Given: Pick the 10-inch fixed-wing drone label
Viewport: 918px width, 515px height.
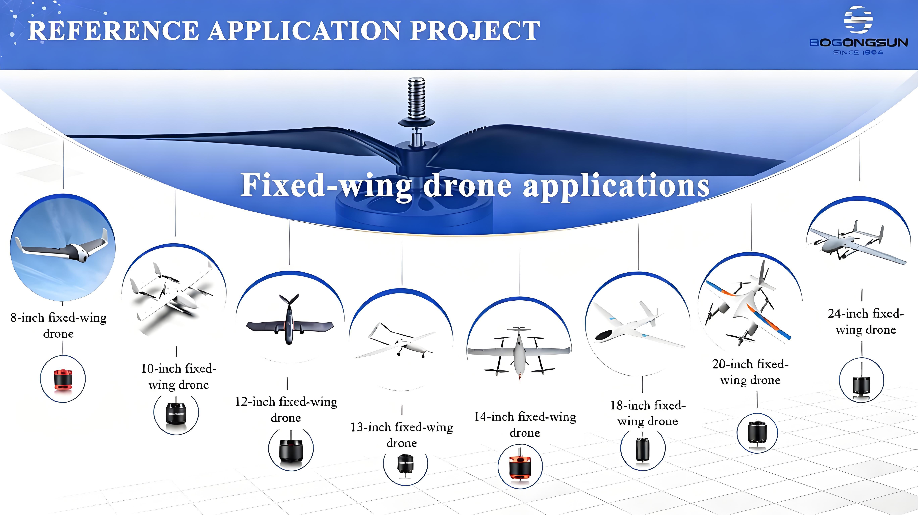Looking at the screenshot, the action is [x=178, y=377].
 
